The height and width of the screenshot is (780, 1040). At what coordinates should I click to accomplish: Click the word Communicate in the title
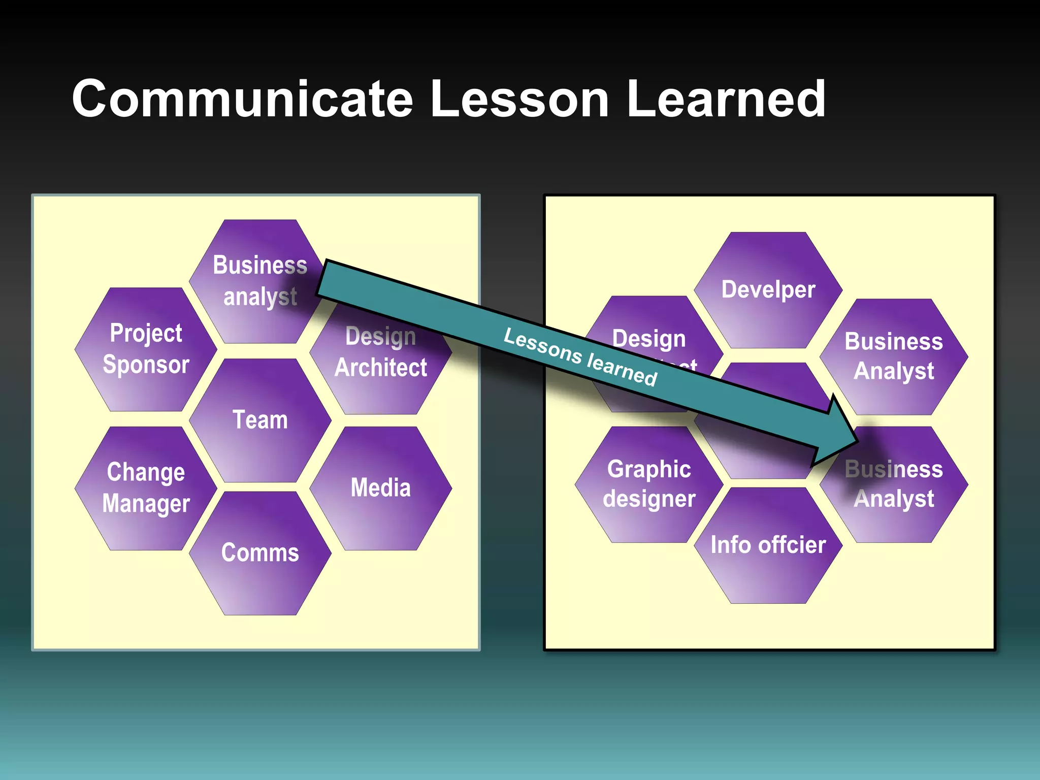242,99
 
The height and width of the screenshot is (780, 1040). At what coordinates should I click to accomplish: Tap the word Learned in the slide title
726,99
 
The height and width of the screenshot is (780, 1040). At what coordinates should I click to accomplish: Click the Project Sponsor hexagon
146,349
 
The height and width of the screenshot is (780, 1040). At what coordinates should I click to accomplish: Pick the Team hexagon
260,420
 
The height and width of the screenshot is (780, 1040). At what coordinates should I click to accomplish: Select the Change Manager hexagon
146,488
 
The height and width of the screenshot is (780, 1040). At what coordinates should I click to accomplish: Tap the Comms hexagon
260,553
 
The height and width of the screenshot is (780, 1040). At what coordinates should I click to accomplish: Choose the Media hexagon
380,488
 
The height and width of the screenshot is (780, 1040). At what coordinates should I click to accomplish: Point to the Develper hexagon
768,290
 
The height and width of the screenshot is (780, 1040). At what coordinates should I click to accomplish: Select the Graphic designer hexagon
649,484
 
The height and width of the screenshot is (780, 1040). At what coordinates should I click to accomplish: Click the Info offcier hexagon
768,545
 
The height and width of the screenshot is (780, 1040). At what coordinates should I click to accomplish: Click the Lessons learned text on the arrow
580,356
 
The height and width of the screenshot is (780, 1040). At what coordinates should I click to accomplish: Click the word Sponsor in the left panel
146,365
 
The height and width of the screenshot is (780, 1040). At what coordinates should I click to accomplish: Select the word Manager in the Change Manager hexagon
146,504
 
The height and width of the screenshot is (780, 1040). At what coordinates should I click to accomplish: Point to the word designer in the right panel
649,499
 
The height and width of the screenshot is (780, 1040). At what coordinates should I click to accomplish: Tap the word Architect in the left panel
381,368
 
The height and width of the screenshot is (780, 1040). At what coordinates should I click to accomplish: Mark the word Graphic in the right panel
649,469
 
